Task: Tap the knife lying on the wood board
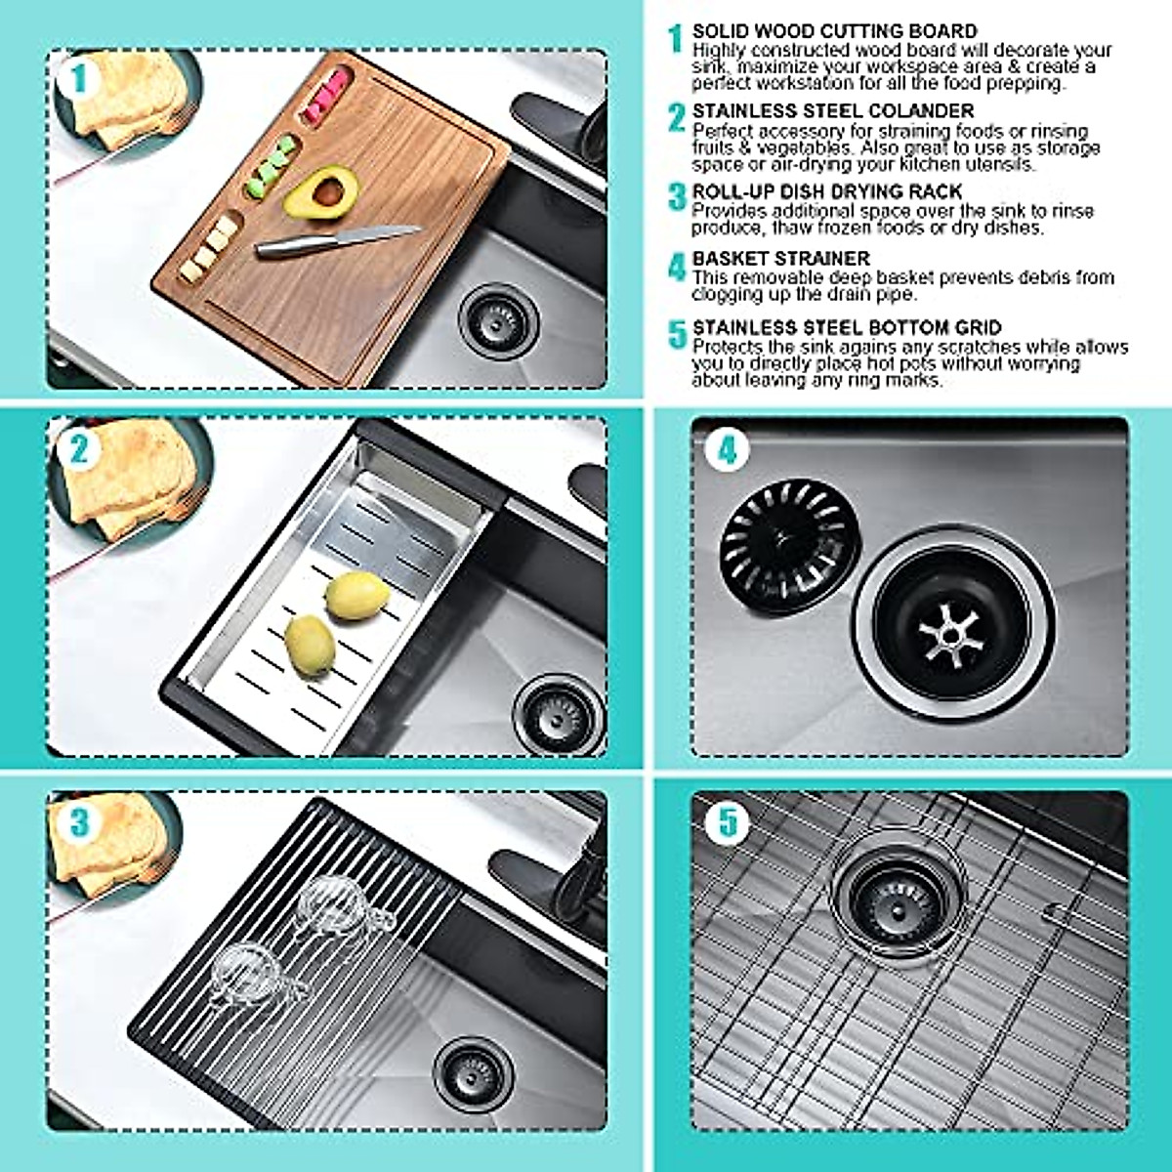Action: click(x=337, y=240)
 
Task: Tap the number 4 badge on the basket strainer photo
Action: click(x=728, y=450)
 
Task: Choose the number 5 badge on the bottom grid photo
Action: click(x=728, y=821)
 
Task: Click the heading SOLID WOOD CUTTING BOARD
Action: click(x=834, y=32)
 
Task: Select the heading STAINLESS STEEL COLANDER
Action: click(x=833, y=111)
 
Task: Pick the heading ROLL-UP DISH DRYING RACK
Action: click(x=827, y=191)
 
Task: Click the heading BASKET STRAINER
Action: click(x=780, y=259)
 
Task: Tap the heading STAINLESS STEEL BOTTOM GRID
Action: click(x=847, y=328)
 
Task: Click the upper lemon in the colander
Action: click(x=357, y=596)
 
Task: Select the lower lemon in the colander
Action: click(x=310, y=644)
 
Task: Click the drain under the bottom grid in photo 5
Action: click(x=897, y=894)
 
